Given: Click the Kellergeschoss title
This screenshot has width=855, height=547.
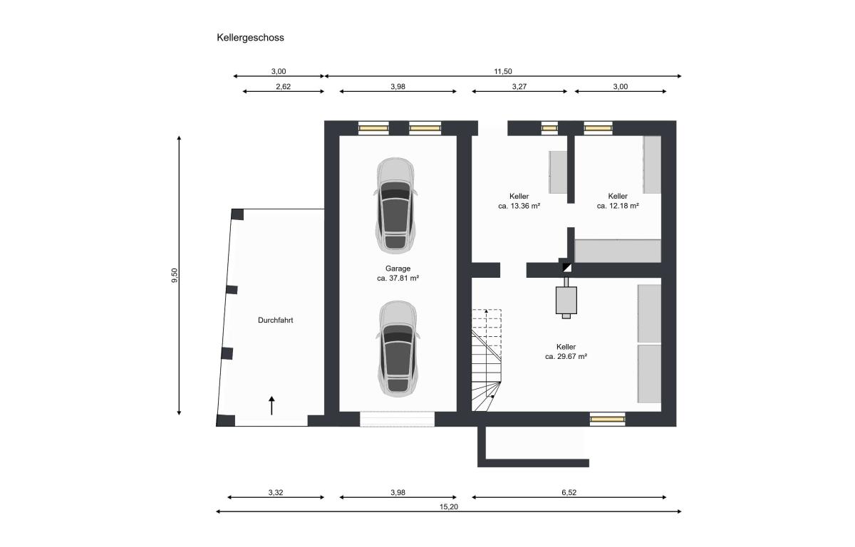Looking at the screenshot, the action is (250, 38).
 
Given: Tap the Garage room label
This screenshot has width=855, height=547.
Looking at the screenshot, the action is (398, 269).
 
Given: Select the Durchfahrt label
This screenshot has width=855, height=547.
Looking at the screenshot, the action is (276, 321).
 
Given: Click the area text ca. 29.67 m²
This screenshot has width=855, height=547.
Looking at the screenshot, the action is (566, 357).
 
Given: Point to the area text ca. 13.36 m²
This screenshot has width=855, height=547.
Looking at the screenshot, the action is (519, 206).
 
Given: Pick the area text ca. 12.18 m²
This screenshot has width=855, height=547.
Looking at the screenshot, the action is (618, 206).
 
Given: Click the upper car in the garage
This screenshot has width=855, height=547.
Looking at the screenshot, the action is (395, 206).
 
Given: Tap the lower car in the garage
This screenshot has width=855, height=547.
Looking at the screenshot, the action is (398, 349).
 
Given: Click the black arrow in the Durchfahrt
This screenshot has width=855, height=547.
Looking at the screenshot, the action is (271, 405).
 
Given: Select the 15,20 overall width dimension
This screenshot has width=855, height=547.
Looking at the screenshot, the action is (449, 507).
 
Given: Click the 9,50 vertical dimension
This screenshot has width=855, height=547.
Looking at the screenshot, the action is (175, 276).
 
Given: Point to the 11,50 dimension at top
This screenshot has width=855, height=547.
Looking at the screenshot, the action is (503, 71).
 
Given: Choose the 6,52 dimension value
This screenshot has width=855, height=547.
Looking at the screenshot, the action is (569, 492).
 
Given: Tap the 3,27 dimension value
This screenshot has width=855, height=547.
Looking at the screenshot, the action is (519, 87).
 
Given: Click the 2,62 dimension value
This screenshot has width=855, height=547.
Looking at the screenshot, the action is (284, 87).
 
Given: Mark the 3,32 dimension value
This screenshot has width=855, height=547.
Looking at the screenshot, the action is (276, 492).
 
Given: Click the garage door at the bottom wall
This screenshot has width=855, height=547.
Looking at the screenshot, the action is (398, 419).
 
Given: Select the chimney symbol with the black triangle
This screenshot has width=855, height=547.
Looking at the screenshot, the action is (567, 267).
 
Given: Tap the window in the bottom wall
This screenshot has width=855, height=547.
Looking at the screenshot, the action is (608, 420).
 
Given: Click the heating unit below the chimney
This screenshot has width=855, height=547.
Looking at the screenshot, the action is (566, 300).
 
